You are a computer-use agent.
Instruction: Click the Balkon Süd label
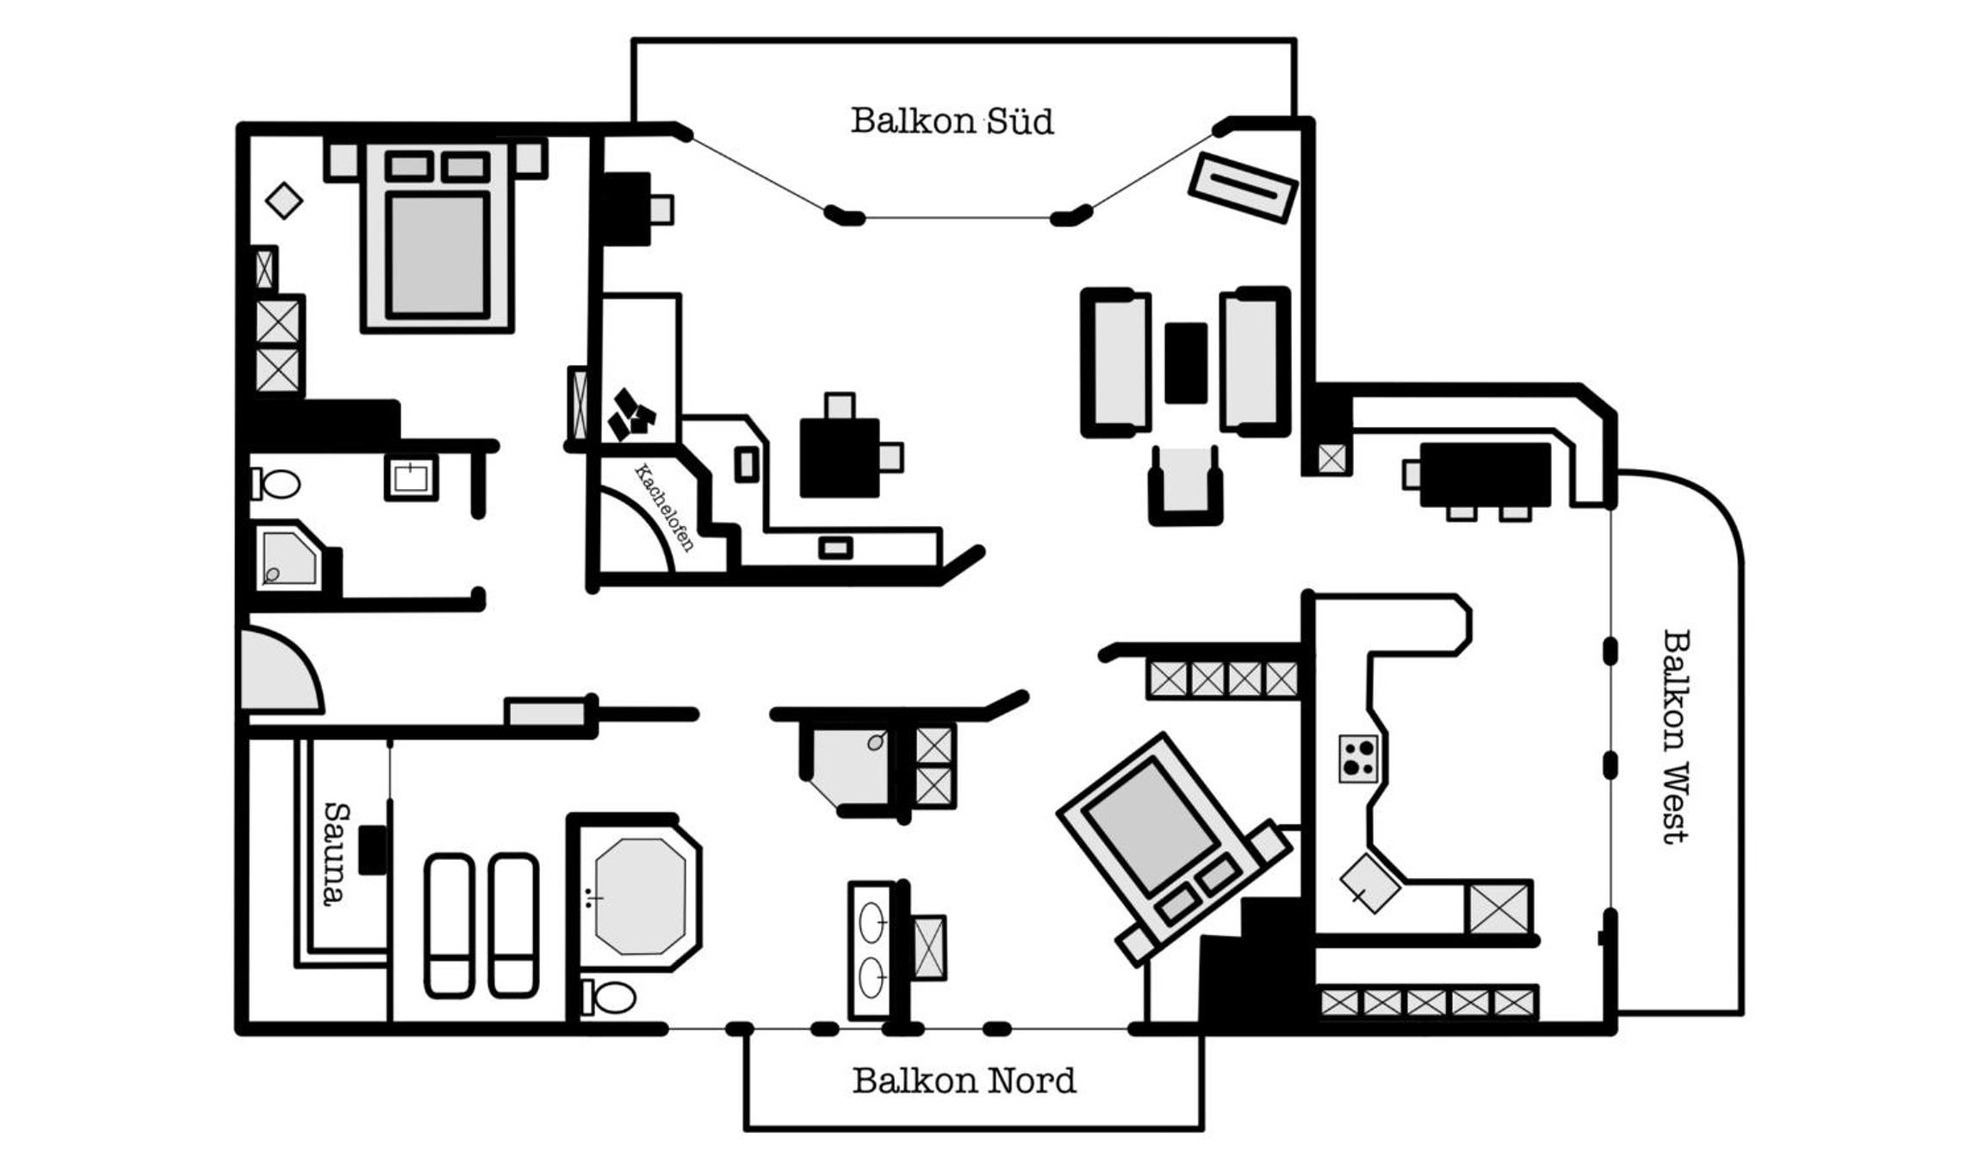tap(952, 121)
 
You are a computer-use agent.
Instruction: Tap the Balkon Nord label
tap(964, 1080)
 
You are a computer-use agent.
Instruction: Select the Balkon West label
tap(1676, 736)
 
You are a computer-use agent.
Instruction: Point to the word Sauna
tap(336, 853)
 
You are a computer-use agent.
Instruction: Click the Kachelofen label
tap(664, 507)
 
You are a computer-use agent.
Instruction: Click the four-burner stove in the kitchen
tap(1359, 758)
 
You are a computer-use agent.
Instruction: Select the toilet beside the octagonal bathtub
tap(609, 998)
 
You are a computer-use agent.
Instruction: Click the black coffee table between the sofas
tap(1186, 362)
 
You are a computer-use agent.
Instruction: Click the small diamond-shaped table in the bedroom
tap(284, 201)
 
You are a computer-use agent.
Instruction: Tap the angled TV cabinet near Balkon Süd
tap(1243, 187)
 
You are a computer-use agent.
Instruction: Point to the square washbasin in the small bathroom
tap(411, 477)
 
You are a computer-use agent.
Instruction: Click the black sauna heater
tap(373, 850)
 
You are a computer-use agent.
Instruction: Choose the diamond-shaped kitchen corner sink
tap(1369, 883)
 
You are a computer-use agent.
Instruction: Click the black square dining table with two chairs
tap(840, 457)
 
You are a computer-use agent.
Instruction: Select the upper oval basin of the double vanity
tap(872, 924)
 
